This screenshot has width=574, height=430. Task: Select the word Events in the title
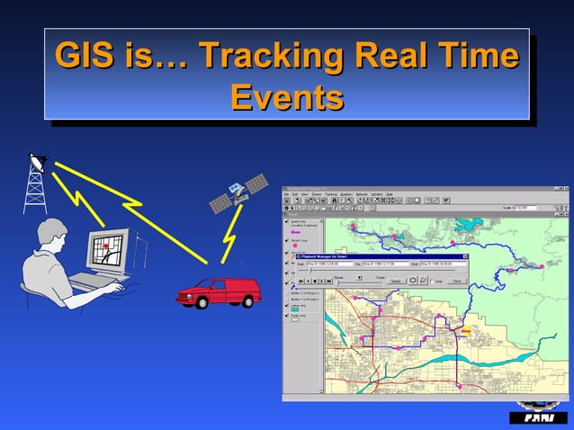coord(287,96)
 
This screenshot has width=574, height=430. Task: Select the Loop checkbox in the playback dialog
coord(430,281)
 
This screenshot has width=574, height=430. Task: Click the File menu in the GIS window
coord(286,193)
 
